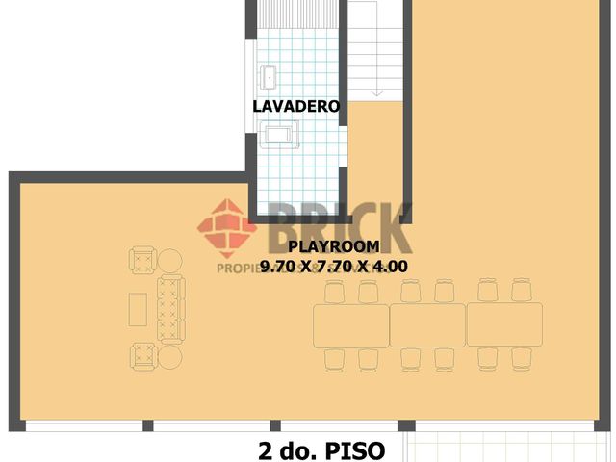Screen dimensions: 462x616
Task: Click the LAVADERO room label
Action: [296, 107]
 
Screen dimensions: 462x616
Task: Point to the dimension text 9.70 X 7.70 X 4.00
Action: [334, 267]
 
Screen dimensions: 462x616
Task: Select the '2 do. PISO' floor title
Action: [321, 449]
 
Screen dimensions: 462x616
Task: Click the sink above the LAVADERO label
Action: [267, 75]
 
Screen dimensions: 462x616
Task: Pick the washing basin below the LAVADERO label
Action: [279, 137]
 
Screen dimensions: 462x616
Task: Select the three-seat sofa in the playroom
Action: [169, 308]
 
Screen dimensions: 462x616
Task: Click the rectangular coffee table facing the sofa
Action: [139, 309]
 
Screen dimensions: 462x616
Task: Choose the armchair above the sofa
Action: [142, 261]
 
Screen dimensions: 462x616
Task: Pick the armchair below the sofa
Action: [142, 356]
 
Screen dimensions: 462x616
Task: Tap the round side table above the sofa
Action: [170, 260]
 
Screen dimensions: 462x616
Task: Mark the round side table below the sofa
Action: [170, 357]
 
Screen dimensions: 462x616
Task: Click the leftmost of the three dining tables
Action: [350, 324]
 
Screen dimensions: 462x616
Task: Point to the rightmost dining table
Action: [504, 324]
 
